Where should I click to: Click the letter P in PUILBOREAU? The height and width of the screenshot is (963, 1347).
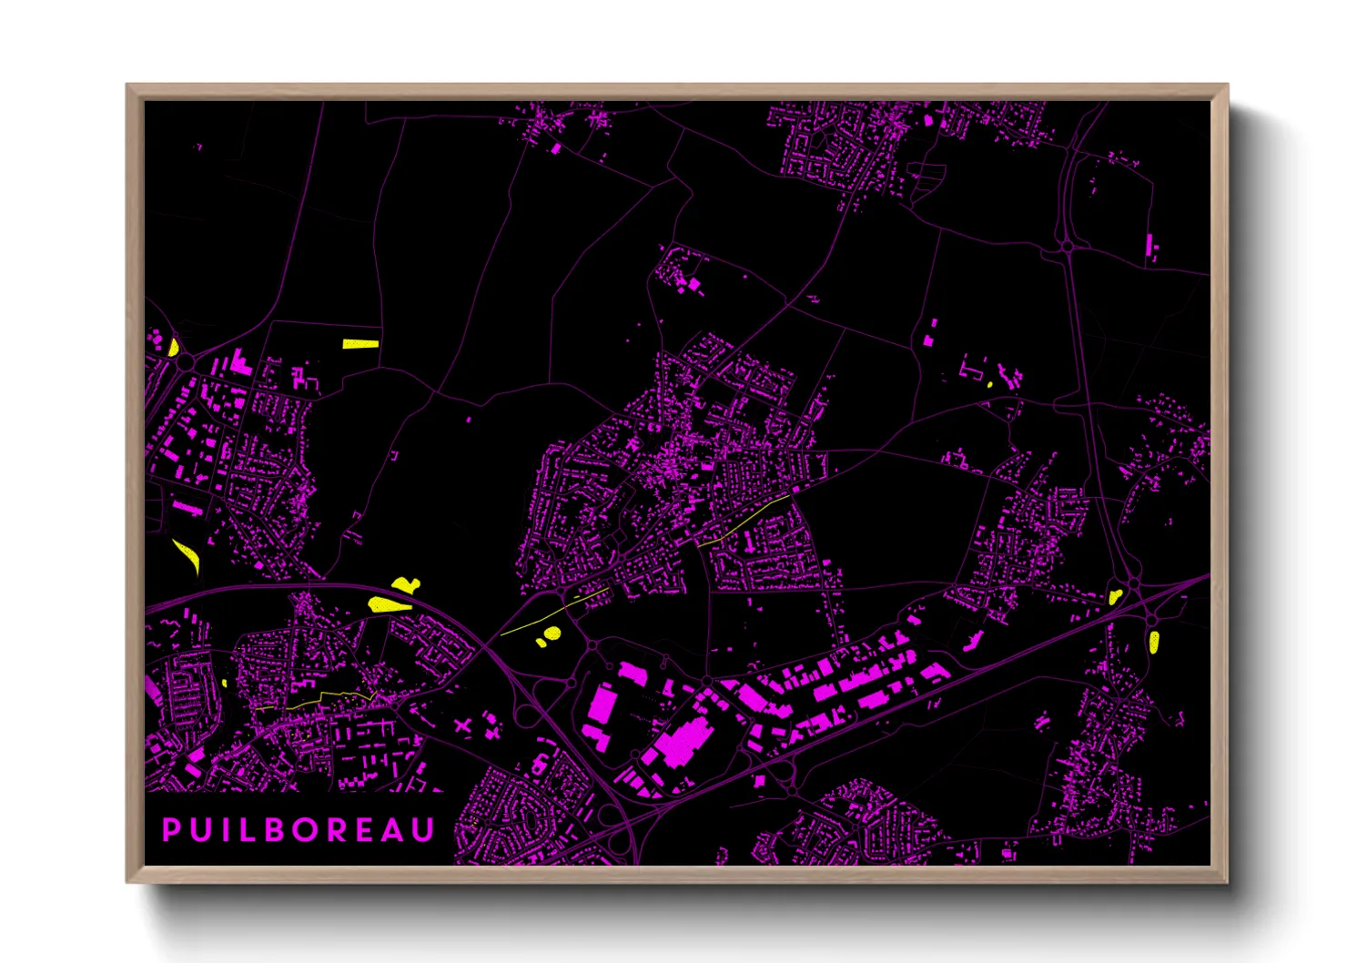pyautogui.click(x=170, y=830)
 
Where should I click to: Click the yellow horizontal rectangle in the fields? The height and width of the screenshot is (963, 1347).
pyautogui.click(x=360, y=344)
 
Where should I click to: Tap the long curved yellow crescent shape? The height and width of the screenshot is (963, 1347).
pyautogui.click(x=186, y=555)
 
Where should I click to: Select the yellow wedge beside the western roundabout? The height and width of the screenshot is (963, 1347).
pyautogui.click(x=173, y=347)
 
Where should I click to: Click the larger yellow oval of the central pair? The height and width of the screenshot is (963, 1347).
pyautogui.click(x=552, y=634)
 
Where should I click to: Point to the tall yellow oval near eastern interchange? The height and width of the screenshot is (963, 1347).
pyautogui.click(x=1154, y=642)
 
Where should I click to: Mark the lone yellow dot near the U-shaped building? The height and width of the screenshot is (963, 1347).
pyautogui.click(x=990, y=385)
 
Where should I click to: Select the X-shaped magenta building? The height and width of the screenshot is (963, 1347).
pyautogui.click(x=463, y=725)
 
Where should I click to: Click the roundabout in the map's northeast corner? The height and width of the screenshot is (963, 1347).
pyautogui.click(x=1068, y=247)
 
